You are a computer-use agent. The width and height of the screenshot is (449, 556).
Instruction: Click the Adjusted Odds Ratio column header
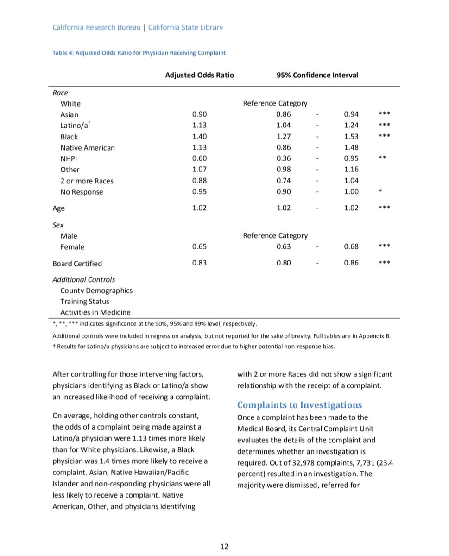200,75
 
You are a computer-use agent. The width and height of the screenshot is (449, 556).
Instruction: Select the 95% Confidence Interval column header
317,75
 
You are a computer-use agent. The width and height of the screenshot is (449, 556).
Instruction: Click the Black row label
69,137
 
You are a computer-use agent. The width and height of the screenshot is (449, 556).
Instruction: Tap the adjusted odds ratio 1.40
199,137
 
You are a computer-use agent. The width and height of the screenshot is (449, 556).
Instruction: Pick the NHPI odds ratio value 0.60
199,158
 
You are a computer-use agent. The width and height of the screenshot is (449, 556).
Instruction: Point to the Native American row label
88,148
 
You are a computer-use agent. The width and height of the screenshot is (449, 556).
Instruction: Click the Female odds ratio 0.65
199,247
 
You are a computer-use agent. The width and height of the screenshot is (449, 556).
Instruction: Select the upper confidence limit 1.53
351,137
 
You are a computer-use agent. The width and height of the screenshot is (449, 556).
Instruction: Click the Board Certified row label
77,264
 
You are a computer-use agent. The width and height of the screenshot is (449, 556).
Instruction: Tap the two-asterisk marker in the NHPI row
382,158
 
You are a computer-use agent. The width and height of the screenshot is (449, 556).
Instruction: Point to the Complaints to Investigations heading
299,405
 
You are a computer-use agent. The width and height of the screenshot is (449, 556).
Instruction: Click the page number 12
224,547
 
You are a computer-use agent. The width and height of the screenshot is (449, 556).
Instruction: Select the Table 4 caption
139,53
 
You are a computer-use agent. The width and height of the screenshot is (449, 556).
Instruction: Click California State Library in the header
185,27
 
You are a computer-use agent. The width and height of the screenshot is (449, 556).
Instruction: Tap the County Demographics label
96,291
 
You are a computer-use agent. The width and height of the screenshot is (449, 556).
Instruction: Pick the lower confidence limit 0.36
284,158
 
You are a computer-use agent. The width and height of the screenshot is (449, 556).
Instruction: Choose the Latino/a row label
75,126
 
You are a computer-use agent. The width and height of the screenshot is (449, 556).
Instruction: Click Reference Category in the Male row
275,236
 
